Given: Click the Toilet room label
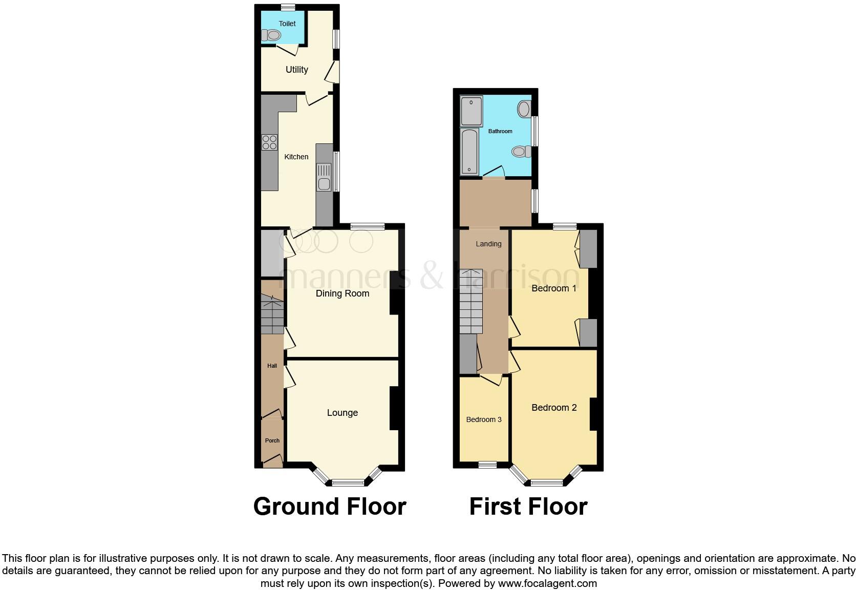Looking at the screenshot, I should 287,24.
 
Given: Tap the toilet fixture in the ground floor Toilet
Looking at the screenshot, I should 272,35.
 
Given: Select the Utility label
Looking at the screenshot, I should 296,70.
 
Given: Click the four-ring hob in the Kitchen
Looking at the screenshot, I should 270,142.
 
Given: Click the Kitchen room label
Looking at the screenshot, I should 296,157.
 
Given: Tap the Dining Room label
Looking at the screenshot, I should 342,293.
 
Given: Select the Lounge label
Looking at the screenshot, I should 342,413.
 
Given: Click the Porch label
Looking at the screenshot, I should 272,440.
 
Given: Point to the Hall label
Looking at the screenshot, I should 272,366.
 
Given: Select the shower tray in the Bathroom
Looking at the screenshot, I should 472,111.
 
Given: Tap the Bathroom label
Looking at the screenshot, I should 500,131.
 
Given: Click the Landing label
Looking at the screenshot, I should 488,244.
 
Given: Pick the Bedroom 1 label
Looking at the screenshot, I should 553,288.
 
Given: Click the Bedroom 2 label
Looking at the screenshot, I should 554,408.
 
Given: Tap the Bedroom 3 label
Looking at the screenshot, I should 483,419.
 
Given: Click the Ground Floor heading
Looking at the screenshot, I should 330,506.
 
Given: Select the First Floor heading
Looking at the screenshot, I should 528,506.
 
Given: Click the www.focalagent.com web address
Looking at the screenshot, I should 547,583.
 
